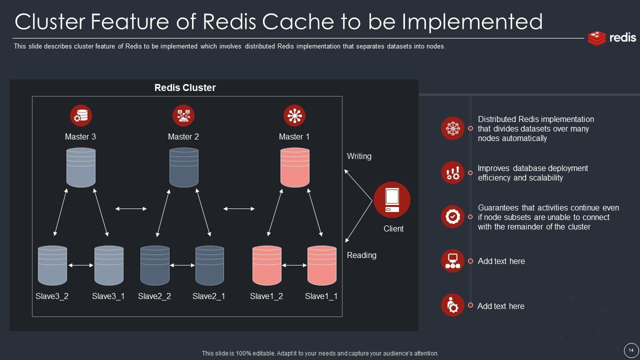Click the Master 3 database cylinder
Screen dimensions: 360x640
tap(81, 167)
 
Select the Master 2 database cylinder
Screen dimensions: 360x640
tap(183, 167)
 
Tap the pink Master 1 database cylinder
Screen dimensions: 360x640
tap(294, 167)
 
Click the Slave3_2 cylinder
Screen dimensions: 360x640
tap(52, 265)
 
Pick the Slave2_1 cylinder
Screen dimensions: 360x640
tap(209, 265)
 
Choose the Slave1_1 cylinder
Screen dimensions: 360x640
tap(321, 265)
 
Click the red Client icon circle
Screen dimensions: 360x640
tap(392, 200)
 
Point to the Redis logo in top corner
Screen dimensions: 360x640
tap(612, 38)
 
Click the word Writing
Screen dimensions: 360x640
tap(359, 156)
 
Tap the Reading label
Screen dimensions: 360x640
tap(361, 255)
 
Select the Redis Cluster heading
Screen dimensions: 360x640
tap(185, 87)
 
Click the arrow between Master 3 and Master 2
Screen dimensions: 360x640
tap(131, 208)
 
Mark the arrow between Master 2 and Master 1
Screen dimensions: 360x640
tap(238, 208)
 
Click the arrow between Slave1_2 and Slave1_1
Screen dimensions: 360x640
tap(294, 265)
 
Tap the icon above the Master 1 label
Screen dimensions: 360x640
tap(294, 115)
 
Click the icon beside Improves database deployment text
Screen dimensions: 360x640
tap(452, 172)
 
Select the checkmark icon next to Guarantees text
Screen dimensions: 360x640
tap(452, 216)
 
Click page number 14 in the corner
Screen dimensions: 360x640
tap(631, 350)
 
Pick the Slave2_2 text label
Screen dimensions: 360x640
tap(154, 296)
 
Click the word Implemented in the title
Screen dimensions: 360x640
tap(472, 21)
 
